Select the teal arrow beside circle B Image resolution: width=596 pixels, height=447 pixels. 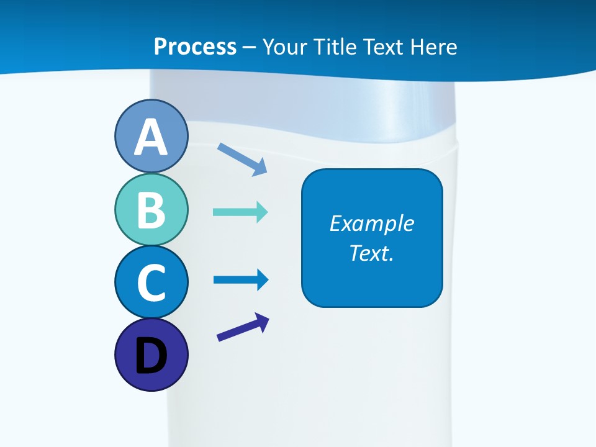[240, 212]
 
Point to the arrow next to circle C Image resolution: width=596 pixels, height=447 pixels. [241, 280]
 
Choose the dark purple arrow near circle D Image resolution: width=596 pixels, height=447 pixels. [243, 327]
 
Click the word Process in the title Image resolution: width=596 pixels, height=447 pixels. [195, 47]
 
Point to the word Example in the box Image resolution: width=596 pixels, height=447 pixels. [371, 223]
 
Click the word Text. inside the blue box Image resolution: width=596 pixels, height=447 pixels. [371, 253]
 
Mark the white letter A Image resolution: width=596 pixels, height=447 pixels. [151, 138]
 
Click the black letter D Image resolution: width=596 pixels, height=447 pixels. [151, 357]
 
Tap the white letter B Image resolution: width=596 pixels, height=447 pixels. [151, 210]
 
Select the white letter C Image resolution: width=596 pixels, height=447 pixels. [151, 283]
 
